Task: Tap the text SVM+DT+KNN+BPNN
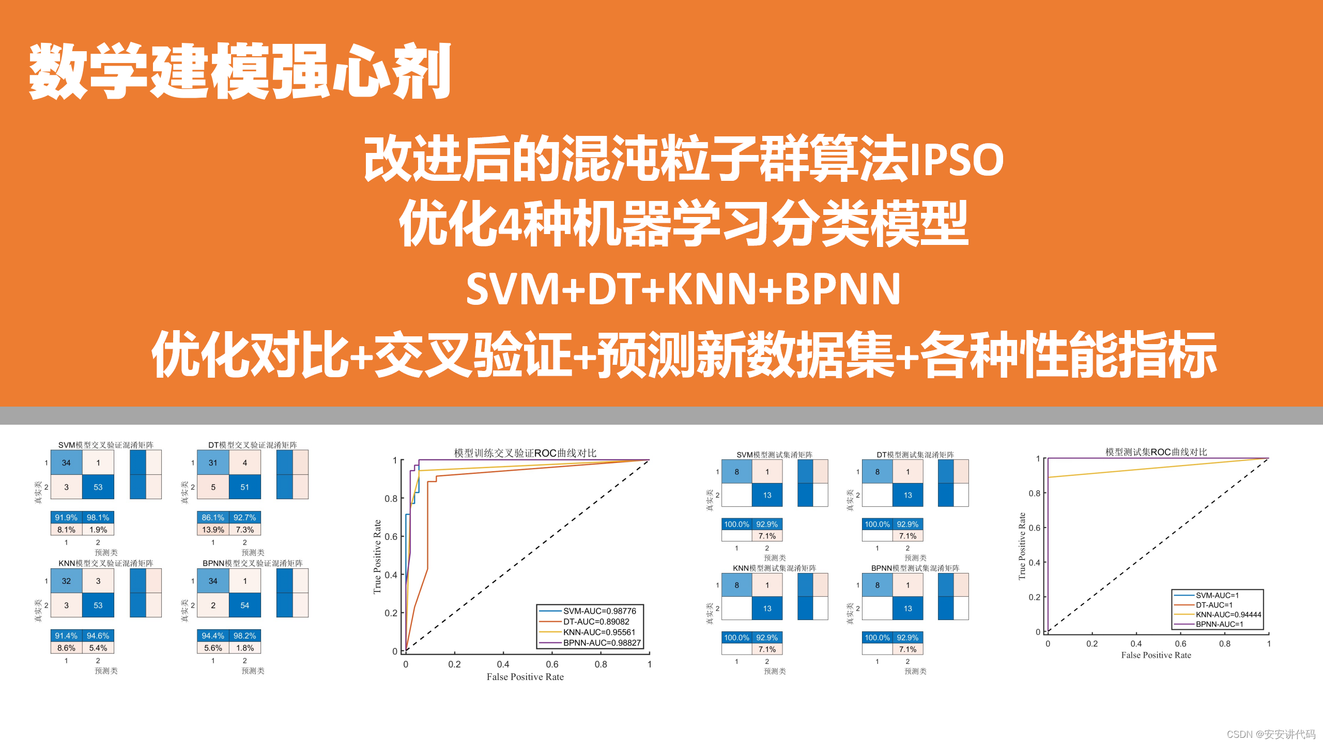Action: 683,289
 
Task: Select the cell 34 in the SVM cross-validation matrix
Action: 66,463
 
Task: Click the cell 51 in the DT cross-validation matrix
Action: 244,487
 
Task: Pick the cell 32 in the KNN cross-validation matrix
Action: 66,581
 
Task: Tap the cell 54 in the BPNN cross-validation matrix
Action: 244,606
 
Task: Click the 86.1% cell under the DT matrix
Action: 213,517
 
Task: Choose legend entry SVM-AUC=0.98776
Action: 599,611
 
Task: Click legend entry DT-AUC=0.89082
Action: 596,622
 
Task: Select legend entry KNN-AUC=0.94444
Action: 1228,614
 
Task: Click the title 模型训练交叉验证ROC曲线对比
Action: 525,453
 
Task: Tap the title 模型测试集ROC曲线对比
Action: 1156,452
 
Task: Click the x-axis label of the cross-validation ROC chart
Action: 525,677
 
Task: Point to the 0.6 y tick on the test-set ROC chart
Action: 1034,528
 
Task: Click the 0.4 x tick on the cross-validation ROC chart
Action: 503,664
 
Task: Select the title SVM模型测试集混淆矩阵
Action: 774,455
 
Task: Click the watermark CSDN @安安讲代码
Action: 1271,734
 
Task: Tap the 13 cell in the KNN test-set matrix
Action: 767,609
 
